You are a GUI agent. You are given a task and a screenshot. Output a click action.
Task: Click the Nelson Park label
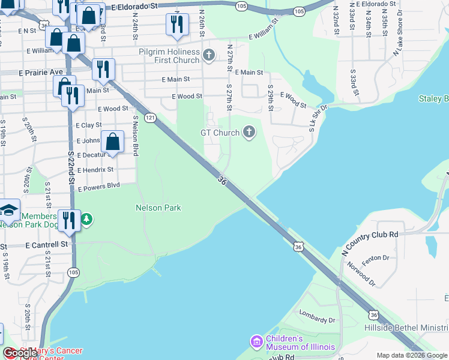(x=158, y=208)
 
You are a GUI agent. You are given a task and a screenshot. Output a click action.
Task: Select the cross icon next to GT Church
(x=249, y=133)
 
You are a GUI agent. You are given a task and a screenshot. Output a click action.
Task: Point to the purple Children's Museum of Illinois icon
(x=257, y=341)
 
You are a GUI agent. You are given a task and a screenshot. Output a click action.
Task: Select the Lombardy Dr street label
(x=319, y=320)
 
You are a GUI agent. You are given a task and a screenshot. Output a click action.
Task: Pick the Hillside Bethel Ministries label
(x=406, y=328)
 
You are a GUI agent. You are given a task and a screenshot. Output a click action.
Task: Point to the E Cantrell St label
(x=47, y=245)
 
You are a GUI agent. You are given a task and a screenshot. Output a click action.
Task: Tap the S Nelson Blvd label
(x=136, y=136)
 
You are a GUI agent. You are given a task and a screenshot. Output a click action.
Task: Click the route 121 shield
(x=150, y=118)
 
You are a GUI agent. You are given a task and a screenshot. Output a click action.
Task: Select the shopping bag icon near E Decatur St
(x=112, y=142)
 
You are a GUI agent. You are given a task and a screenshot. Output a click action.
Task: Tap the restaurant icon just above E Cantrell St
(x=70, y=220)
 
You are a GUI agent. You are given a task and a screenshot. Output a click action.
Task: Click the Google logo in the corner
(x=20, y=353)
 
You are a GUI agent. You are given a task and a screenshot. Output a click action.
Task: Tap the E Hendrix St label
(x=95, y=170)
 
